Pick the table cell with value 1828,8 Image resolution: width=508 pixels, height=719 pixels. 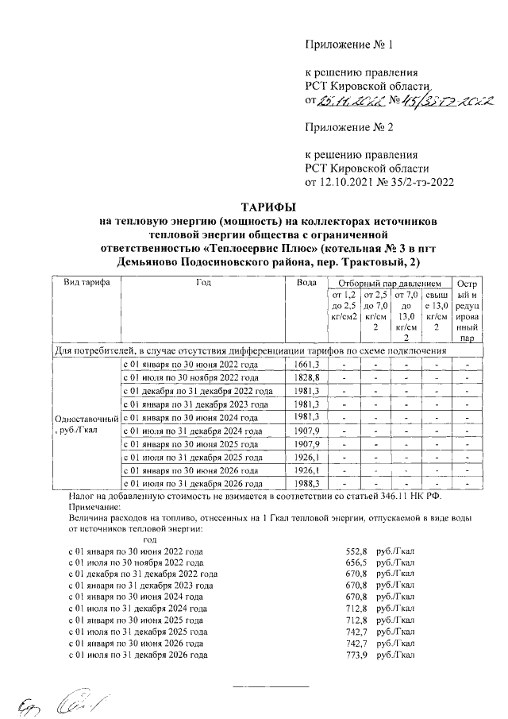pos(306,377)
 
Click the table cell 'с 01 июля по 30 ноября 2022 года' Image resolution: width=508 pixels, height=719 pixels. pos(194,377)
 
